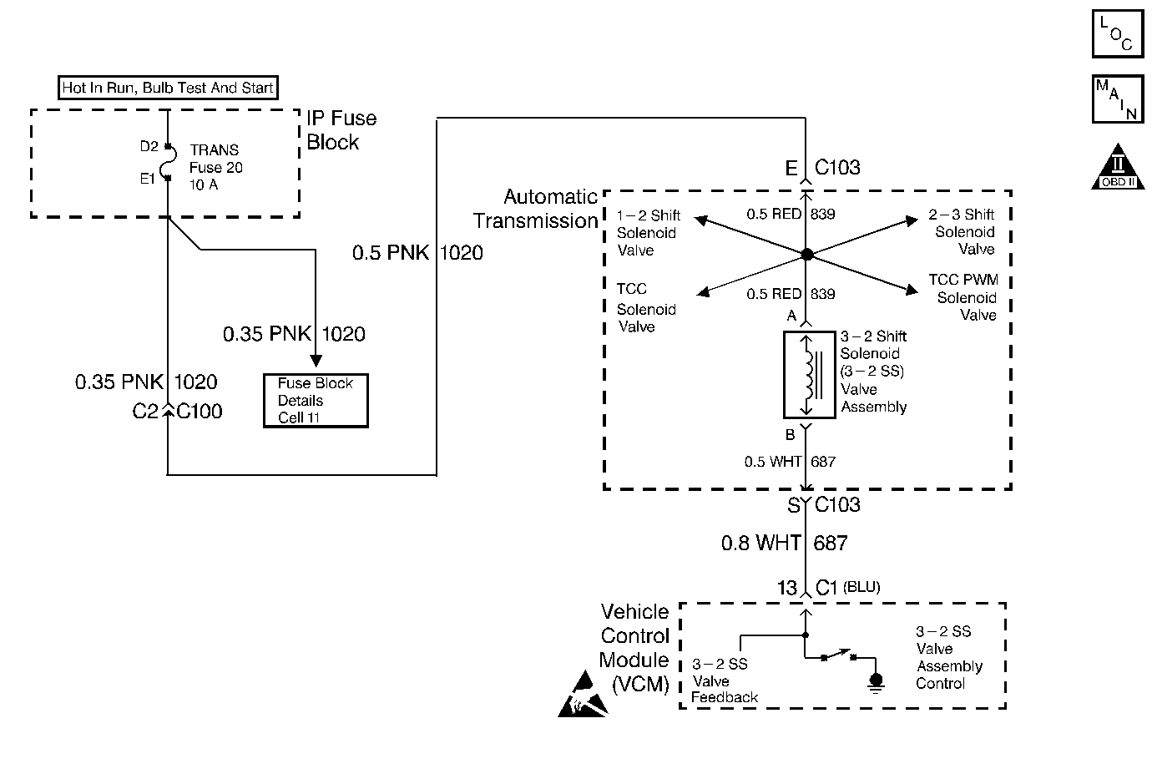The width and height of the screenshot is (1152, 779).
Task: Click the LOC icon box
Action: point(1118,33)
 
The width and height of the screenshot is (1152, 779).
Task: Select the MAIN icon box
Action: point(1118,99)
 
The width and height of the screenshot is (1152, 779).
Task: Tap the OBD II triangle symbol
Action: point(1118,167)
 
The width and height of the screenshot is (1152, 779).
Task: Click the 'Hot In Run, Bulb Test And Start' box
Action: point(168,88)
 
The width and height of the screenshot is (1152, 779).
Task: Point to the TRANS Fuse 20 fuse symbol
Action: point(169,162)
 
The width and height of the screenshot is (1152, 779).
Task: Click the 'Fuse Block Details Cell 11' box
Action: point(316,400)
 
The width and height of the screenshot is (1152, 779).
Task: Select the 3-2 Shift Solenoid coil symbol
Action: point(809,375)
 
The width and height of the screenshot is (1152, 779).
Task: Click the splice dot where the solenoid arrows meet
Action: point(807,254)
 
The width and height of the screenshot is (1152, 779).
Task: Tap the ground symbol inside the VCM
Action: point(876,683)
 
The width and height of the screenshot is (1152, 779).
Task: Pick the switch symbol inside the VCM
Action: point(838,655)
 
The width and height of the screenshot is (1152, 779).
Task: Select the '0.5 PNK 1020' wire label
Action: point(417,253)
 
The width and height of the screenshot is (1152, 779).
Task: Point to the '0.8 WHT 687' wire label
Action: point(785,543)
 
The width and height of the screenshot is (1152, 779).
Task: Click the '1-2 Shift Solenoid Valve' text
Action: point(649,233)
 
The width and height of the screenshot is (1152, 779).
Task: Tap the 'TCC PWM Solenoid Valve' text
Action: point(963,297)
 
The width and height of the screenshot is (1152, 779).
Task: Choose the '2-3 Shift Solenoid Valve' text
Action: point(962,231)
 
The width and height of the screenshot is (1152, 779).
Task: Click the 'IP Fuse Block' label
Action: point(341,130)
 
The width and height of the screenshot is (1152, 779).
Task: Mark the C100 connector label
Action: point(200,411)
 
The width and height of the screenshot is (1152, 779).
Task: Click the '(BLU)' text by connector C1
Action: point(861,587)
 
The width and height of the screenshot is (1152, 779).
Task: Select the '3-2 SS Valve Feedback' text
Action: point(724,680)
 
